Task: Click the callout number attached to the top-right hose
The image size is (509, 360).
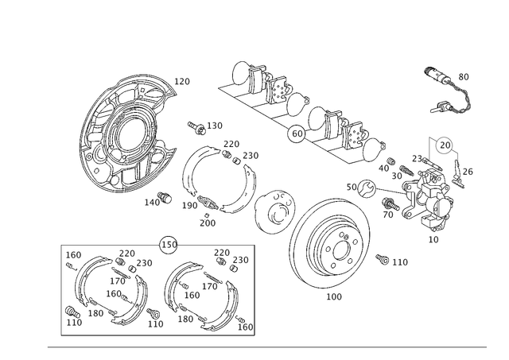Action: [464, 75]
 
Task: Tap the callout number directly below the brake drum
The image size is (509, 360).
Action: [335, 296]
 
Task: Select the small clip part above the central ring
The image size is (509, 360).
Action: [196, 125]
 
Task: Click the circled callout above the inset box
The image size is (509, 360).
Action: [168, 242]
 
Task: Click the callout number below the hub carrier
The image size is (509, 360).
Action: [433, 237]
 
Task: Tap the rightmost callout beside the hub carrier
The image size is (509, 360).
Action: [468, 171]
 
